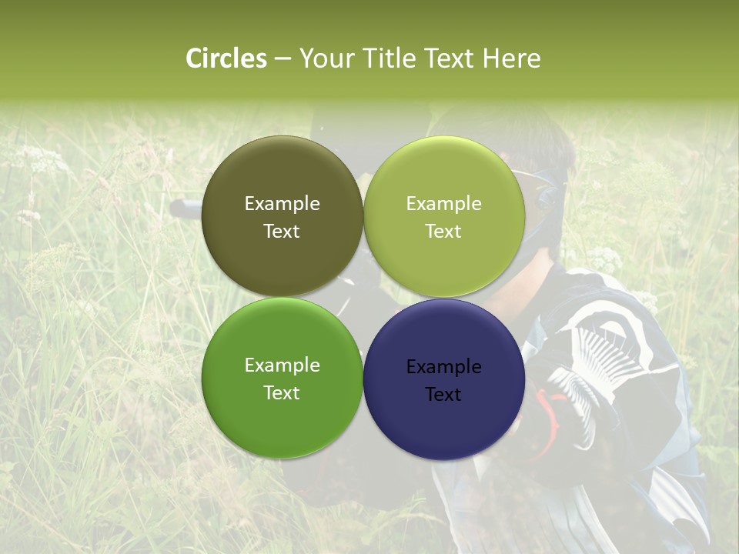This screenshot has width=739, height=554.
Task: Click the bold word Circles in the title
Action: pyautogui.click(x=226, y=58)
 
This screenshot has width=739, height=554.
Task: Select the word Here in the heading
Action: pyautogui.click(x=511, y=58)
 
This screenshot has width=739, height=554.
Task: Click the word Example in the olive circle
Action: pyautogui.click(x=282, y=204)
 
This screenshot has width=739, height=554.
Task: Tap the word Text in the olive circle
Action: pyautogui.click(x=282, y=232)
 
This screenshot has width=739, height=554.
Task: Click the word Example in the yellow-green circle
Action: pyautogui.click(x=443, y=204)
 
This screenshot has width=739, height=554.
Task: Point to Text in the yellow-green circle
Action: pyautogui.click(x=443, y=232)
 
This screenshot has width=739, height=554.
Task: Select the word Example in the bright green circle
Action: pyautogui.click(x=282, y=365)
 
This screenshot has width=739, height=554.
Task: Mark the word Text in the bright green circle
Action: pyautogui.click(x=282, y=393)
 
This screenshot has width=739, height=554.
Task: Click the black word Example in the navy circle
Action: pyautogui.click(x=443, y=367)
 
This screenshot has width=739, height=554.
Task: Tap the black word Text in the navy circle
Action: pyautogui.click(x=443, y=395)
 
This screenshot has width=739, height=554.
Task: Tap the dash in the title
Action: pyautogui.click(x=283, y=58)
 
